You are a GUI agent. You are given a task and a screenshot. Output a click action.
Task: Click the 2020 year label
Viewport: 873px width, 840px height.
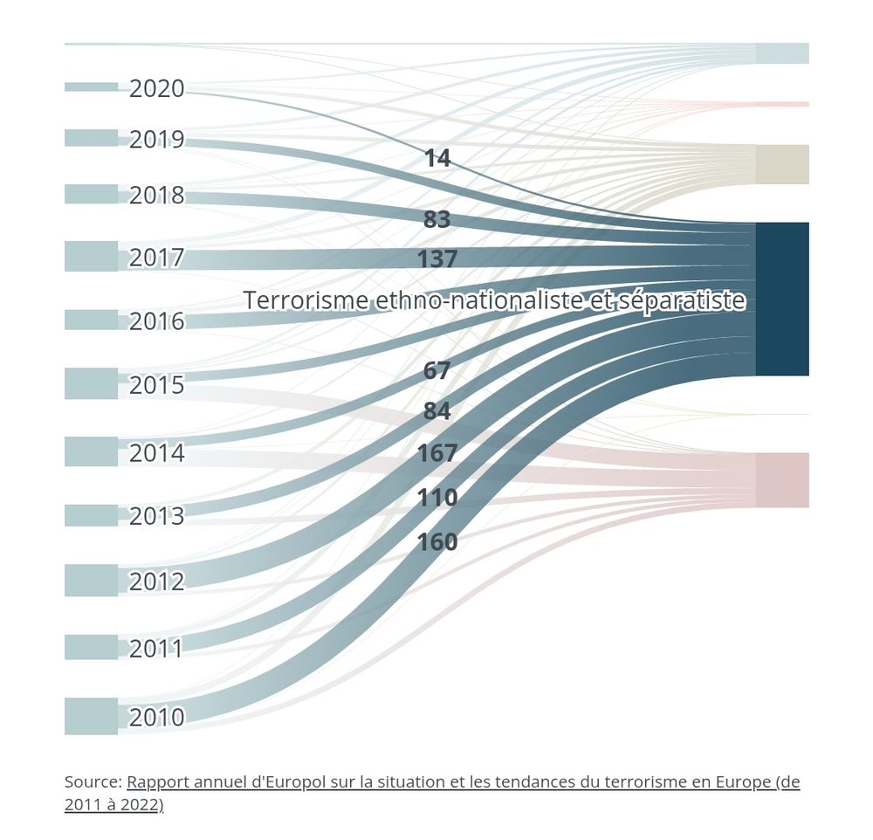pyautogui.click(x=157, y=89)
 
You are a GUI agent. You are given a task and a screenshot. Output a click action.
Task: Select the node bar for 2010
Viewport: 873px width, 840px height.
pyautogui.click(x=91, y=716)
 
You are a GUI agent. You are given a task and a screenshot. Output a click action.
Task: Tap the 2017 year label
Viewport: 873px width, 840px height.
pyautogui.click(x=157, y=258)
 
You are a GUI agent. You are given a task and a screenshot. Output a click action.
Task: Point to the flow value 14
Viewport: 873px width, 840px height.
pyautogui.click(x=436, y=158)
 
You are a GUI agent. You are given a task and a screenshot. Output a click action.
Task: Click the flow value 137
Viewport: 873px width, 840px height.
pyautogui.click(x=436, y=259)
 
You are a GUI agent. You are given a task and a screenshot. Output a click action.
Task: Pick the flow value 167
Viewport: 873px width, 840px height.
pyautogui.click(x=436, y=453)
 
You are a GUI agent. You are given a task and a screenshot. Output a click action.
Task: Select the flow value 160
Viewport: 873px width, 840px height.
pyautogui.click(x=436, y=542)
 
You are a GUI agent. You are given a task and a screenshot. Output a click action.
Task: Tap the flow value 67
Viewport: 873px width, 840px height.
pyautogui.click(x=436, y=371)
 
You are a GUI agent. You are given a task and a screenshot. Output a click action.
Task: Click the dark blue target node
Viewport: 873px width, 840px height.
pyautogui.click(x=782, y=299)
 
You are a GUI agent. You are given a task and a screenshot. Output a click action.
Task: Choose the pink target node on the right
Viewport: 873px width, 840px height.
pyautogui.click(x=782, y=479)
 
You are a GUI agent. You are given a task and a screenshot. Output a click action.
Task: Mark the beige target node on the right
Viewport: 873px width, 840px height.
pyautogui.click(x=782, y=164)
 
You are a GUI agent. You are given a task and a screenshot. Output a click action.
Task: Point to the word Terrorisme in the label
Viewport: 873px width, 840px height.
pyautogui.click(x=306, y=300)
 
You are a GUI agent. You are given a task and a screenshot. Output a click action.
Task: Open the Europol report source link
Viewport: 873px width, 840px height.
pyautogui.click(x=463, y=782)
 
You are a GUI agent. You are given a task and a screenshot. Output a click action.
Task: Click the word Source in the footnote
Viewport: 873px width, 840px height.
pyautogui.click(x=93, y=782)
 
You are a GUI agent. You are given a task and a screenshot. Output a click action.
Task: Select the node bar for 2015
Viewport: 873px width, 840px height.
pyautogui.click(x=91, y=383)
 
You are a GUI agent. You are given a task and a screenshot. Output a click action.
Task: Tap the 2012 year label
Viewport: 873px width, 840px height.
pyautogui.click(x=157, y=582)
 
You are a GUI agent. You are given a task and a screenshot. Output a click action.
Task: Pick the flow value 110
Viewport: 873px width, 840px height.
pyautogui.click(x=436, y=498)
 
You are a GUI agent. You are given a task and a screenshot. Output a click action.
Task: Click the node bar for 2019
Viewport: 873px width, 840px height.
pyautogui.click(x=91, y=138)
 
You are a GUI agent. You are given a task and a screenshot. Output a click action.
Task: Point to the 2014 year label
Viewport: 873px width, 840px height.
pyautogui.click(x=157, y=453)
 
